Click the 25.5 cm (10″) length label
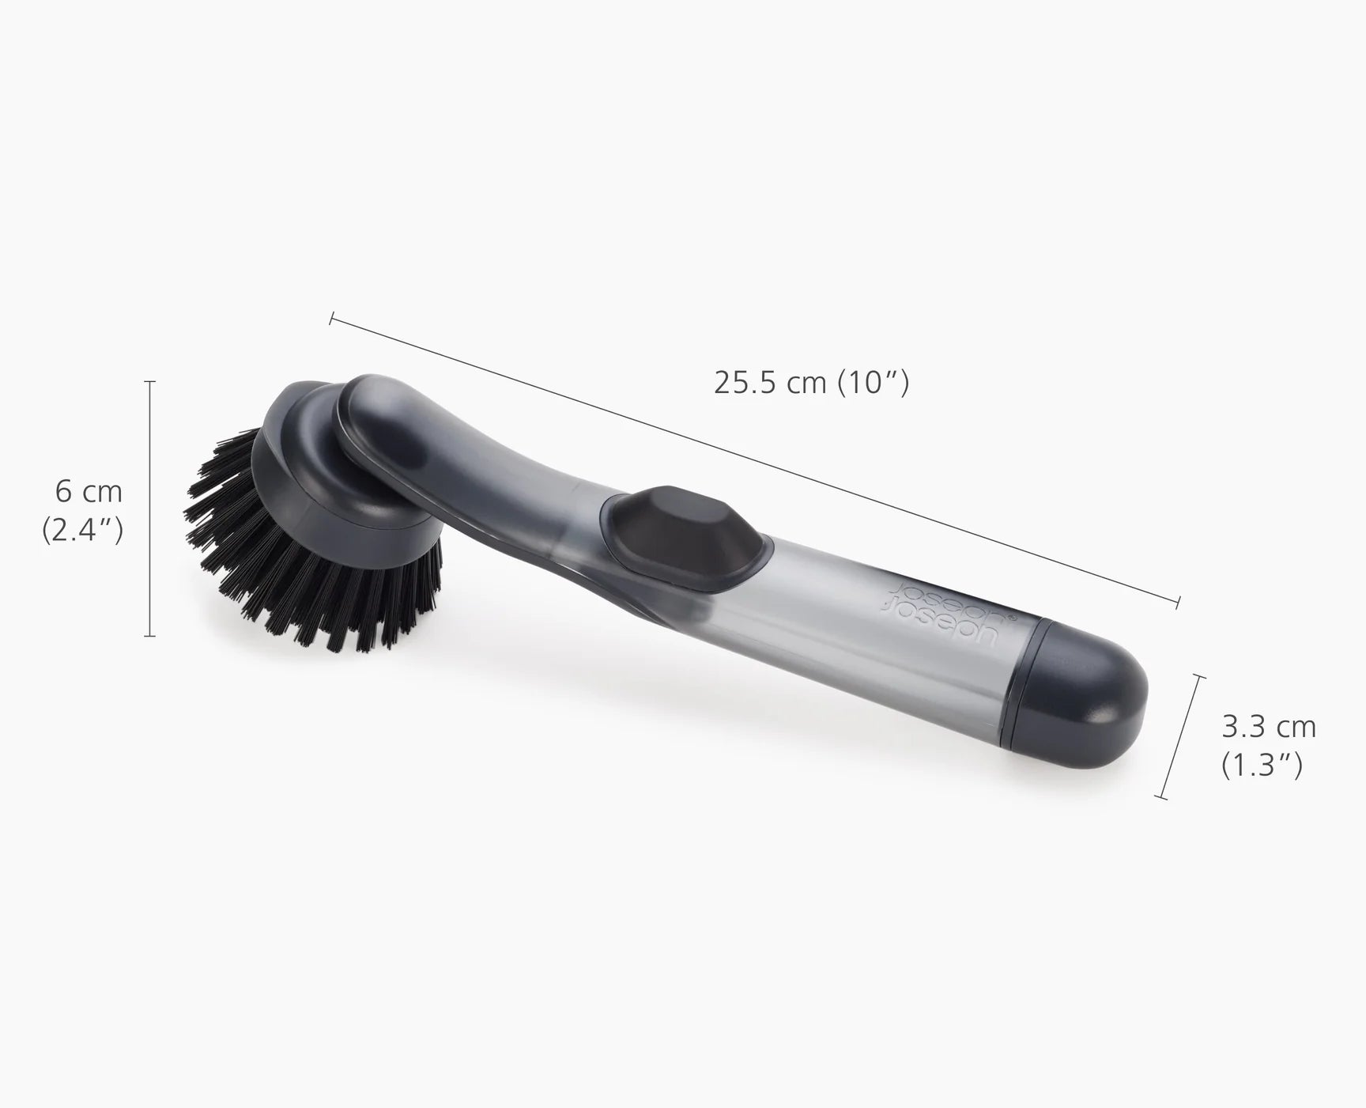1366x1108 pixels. [x=811, y=383]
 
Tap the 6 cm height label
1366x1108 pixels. [x=89, y=492]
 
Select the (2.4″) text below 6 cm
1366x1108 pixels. [x=82, y=531]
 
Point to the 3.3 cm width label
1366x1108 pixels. [x=1269, y=726]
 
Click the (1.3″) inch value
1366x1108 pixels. [x=1262, y=765]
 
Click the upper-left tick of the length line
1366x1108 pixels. [x=332, y=319]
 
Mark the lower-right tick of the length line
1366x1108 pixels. [x=1178, y=603]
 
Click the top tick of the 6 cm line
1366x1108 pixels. [x=149, y=381]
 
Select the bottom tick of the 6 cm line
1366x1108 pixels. [x=149, y=635]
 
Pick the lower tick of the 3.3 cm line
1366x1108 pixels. [x=1160, y=797]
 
